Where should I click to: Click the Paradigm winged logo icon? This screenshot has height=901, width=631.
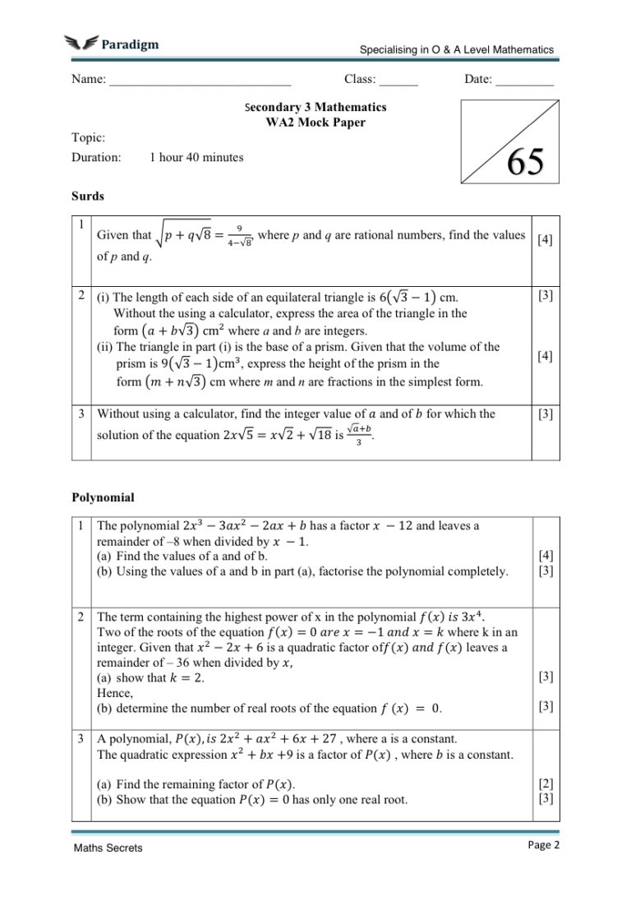(80, 44)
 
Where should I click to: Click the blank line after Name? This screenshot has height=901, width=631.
(200, 82)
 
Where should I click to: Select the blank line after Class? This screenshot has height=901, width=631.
(398, 82)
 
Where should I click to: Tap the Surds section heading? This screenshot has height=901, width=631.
(87, 196)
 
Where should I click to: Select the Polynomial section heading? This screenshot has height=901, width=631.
(103, 497)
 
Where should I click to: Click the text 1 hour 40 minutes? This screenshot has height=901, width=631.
(196, 157)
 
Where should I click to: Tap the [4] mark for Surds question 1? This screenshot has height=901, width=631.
(544, 240)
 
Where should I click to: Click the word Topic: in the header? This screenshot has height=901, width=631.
(88, 138)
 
